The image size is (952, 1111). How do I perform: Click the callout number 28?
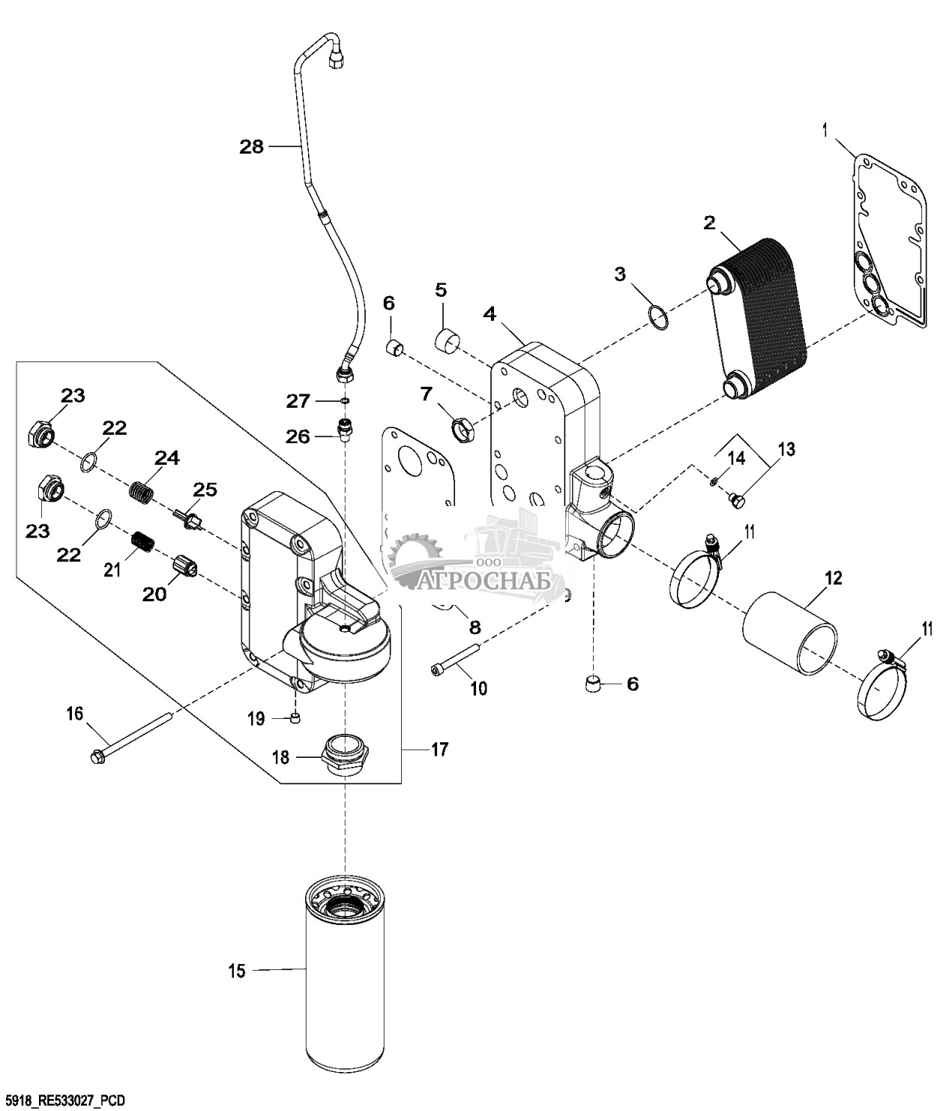point(251,146)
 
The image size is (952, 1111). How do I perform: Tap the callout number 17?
point(439,749)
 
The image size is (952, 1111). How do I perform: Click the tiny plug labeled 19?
point(295,717)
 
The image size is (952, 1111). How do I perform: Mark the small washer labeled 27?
point(345,400)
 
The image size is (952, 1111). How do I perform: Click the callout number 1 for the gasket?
point(825,130)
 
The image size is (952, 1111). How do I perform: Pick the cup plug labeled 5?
point(448,343)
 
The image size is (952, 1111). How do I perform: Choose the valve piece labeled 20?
point(184,567)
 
